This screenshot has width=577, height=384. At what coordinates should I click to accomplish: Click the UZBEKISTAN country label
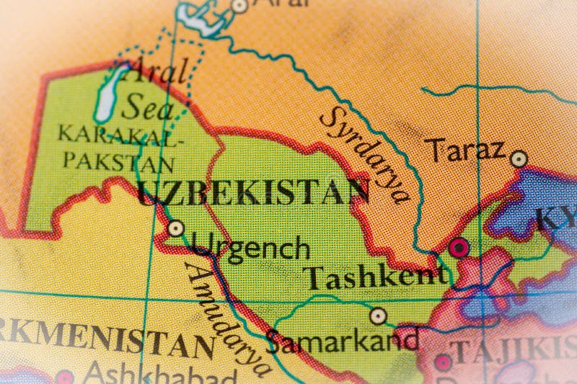(x=253, y=191)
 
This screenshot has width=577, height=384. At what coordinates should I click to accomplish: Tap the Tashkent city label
(x=374, y=277)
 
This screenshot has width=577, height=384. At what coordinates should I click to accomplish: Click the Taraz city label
(x=464, y=151)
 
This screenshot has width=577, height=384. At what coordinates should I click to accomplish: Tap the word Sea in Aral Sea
(x=149, y=108)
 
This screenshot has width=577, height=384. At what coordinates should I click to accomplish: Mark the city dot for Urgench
(x=175, y=229)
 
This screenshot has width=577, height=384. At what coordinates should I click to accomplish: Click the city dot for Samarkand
(x=378, y=316)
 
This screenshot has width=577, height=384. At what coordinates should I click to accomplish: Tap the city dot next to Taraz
(x=519, y=158)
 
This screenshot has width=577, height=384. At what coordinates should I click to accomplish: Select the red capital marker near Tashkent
(x=458, y=249)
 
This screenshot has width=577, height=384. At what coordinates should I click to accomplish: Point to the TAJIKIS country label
(x=512, y=353)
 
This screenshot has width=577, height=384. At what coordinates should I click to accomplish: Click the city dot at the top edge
(x=239, y=6)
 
